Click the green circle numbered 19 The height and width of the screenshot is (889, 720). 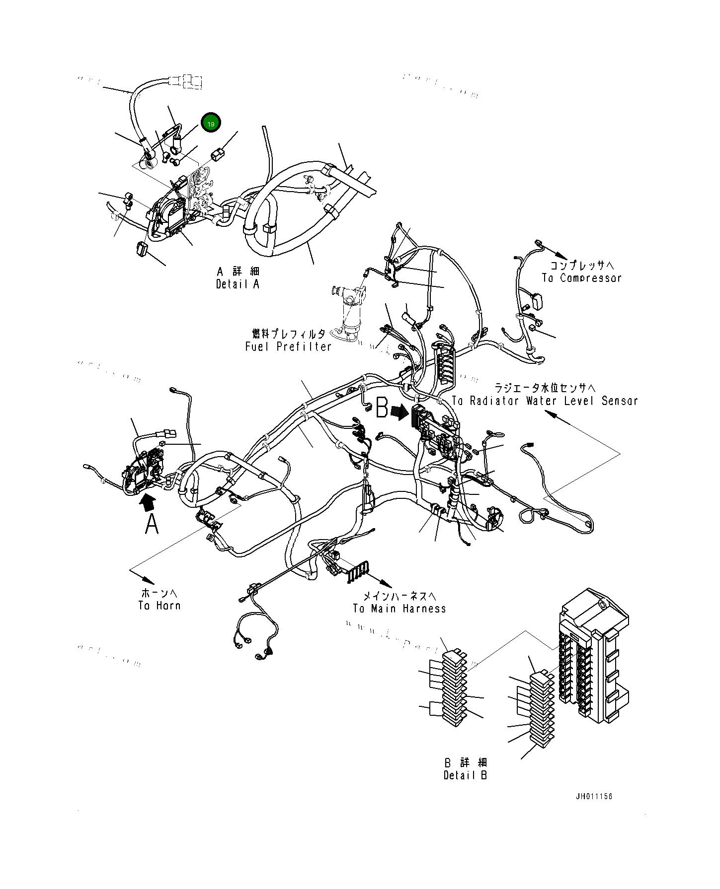tap(211, 124)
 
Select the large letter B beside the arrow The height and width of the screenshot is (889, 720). tap(382, 408)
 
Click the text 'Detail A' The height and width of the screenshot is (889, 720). tap(238, 284)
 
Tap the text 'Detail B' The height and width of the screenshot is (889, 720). tap(465, 775)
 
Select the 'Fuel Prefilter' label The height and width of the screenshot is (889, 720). tap(288, 346)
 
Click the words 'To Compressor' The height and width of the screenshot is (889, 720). tap(581, 278)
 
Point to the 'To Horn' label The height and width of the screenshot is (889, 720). tap(159, 606)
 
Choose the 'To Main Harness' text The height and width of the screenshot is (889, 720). tap(400, 609)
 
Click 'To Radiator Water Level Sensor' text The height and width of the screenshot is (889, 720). tap(545, 401)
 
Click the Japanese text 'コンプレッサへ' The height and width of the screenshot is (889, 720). tap(582, 266)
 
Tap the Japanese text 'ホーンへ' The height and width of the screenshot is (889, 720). tap(159, 593)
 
